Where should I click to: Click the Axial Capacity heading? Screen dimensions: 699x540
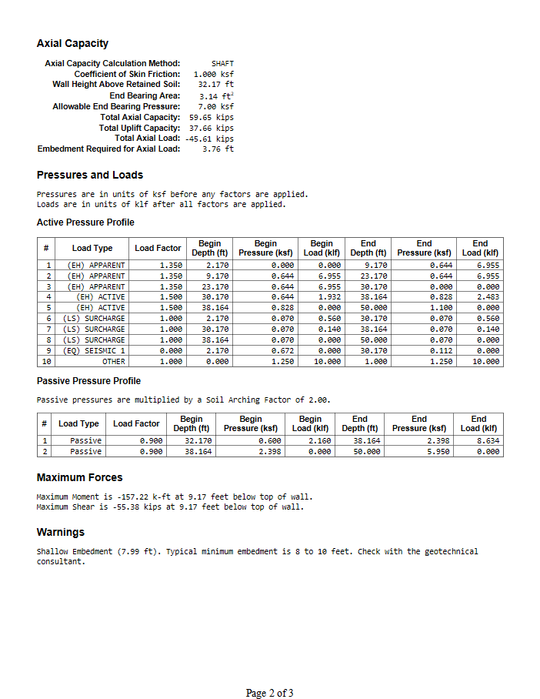point(72,44)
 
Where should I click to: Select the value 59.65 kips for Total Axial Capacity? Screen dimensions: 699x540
point(211,117)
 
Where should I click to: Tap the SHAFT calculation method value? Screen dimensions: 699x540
point(222,63)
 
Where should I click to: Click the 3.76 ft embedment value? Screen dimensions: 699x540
point(218,149)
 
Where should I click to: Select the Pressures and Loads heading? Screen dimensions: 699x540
point(89,175)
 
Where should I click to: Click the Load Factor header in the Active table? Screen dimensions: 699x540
point(158,248)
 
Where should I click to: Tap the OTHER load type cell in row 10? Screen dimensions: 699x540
point(113,361)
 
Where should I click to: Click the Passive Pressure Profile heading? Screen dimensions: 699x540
point(88,381)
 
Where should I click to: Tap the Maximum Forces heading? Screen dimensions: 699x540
point(79,478)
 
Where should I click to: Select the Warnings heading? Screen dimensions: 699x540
point(61,533)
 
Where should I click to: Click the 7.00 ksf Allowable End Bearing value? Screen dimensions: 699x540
point(216,106)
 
